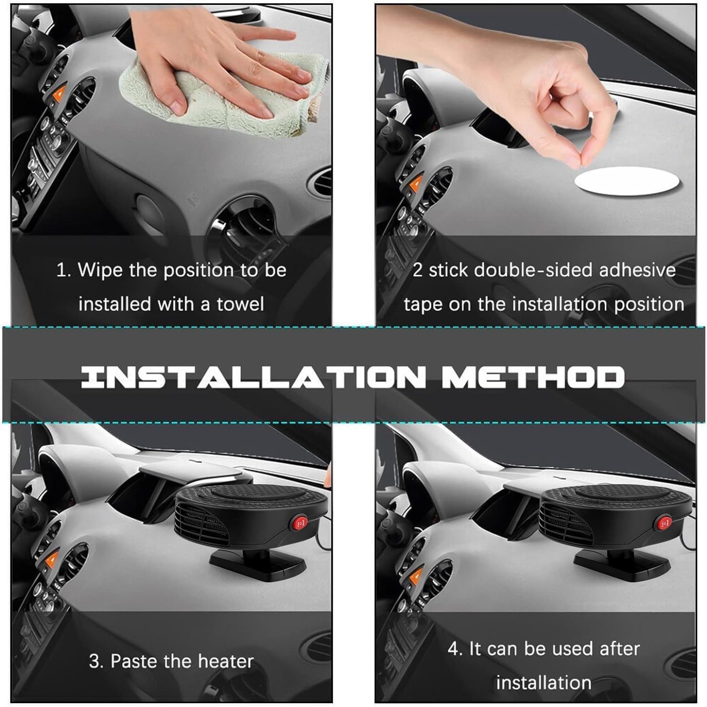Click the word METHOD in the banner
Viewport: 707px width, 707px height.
pos(532,377)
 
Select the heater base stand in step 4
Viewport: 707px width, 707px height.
pos(621,562)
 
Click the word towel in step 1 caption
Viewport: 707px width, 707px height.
pos(240,304)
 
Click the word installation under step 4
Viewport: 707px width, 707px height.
pos(544,682)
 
